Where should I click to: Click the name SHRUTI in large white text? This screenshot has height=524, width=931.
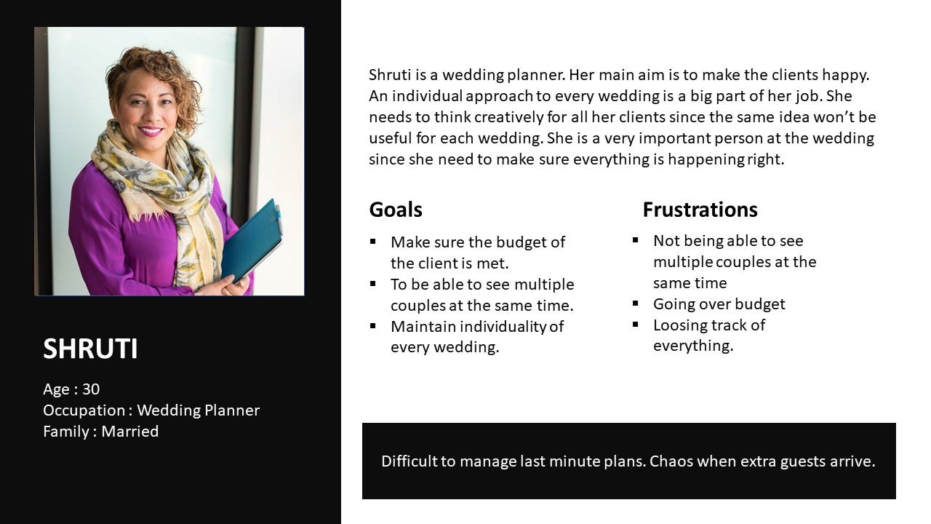pyautogui.click(x=90, y=349)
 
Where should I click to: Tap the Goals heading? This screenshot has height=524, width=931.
pyautogui.click(x=396, y=210)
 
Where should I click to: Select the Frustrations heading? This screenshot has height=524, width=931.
pyautogui.click(x=700, y=210)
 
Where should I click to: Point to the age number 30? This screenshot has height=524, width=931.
pyautogui.click(x=91, y=389)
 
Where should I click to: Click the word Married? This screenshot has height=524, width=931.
pyautogui.click(x=130, y=432)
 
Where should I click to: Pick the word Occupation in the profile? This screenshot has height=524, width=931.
pyautogui.click(x=84, y=410)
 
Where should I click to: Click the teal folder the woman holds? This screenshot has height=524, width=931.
pyautogui.click(x=252, y=241)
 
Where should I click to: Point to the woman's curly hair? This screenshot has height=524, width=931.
pyautogui.click(x=153, y=79)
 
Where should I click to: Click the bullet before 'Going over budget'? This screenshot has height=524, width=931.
pyautogui.click(x=635, y=303)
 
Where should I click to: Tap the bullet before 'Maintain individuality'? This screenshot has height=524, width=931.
pyautogui.click(x=373, y=325)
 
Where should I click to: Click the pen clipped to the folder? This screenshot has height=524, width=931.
pyautogui.click(x=279, y=220)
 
